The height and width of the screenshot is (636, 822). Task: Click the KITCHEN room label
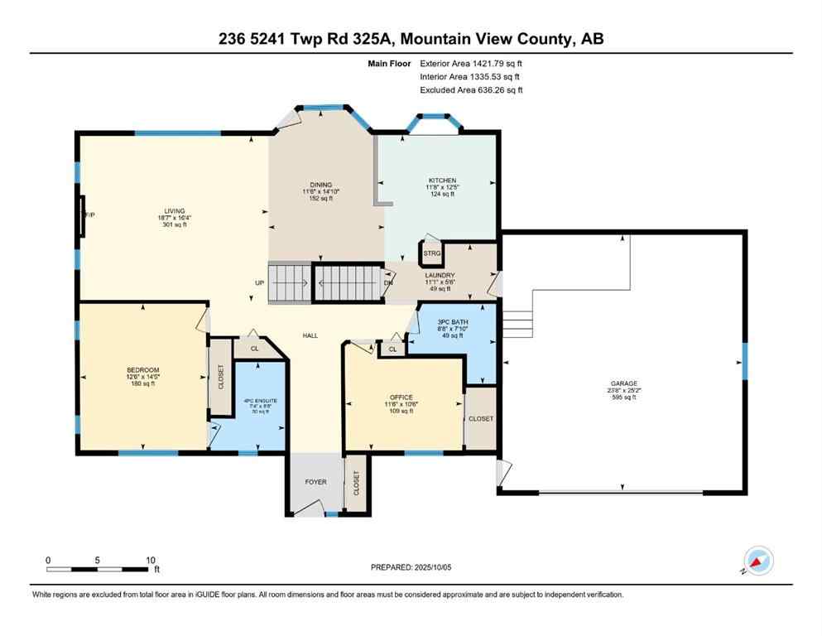442,181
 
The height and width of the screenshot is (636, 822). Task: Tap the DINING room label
320,185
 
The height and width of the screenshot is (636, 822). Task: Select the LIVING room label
174,211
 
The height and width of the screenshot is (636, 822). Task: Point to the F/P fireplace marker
88,215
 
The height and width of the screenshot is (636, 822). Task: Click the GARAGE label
624,383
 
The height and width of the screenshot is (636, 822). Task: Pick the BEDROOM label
142,370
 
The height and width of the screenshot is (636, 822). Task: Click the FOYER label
315,482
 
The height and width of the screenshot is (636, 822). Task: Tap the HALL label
310,335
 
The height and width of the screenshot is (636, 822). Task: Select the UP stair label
259,282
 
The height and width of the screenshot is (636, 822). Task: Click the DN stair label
388,282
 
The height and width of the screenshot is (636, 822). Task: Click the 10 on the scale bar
151,560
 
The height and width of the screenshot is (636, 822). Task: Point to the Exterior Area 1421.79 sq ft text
471,63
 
